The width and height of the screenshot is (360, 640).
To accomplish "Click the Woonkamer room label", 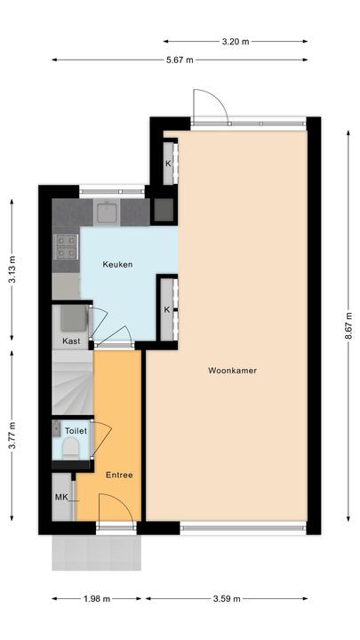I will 233,371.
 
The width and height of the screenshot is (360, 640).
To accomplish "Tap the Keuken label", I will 118,265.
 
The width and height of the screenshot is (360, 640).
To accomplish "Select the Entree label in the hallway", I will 118,475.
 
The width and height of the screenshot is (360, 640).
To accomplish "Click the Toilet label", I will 73,429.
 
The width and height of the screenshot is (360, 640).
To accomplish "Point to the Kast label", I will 71,341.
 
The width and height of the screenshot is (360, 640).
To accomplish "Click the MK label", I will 61,497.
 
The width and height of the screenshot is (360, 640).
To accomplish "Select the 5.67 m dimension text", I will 179,60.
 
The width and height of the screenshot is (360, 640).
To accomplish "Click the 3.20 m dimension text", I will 235,41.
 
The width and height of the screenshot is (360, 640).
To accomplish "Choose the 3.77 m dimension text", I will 12,435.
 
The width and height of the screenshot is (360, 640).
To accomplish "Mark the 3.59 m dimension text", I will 228,598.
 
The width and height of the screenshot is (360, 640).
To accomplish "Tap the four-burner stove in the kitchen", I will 67,246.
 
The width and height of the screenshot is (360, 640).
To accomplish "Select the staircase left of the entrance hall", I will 71,382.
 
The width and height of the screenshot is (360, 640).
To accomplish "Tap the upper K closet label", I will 167,164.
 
